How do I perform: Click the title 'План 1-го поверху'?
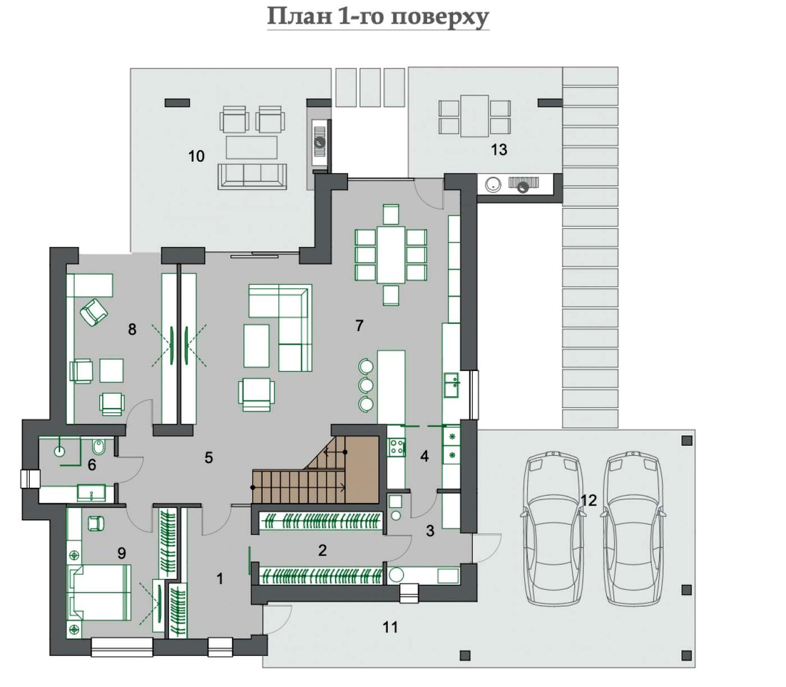(x=378, y=17)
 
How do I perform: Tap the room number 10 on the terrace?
(x=196, y=156)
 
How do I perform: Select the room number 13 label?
(x=499, y=149)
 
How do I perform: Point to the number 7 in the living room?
(x=359, y=325)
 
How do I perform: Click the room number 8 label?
(x=132, y=329)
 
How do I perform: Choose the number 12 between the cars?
(x=589, y=500)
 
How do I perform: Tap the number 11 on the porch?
(x=390, y=627)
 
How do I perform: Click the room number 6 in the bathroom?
(x=92, y=465)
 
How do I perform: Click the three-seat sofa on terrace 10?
(x=253, y=176)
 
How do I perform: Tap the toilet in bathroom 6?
(x=96, y=447)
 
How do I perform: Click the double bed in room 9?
(x=99, y=593)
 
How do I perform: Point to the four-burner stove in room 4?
(x=396, y=447)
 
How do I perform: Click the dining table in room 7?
(x=391, y=255)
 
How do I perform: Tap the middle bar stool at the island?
(x=366, y=385)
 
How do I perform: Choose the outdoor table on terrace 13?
(x=474, y=116)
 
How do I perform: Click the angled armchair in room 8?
(x=93, y=313)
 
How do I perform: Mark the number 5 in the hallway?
(x=209, y=457)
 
